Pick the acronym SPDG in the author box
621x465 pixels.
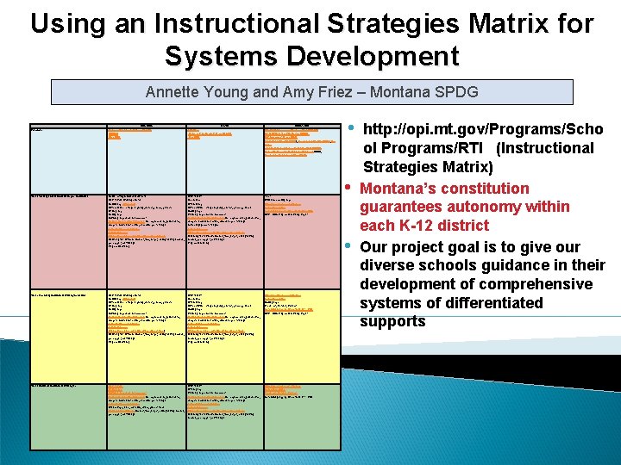[456, 92]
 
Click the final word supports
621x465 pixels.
[392, 322]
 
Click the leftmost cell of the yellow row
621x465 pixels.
[66, 336]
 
